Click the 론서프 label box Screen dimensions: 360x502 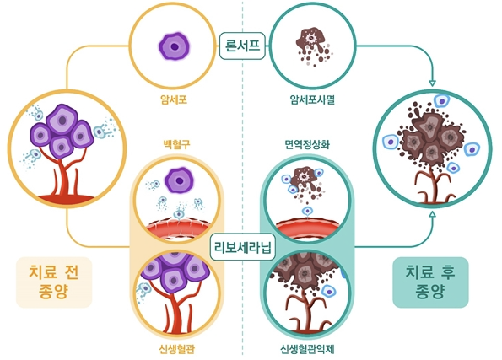[243, 44]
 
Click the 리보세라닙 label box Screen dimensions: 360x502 [243, 249]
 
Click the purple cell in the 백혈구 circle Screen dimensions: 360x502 [178, 180]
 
